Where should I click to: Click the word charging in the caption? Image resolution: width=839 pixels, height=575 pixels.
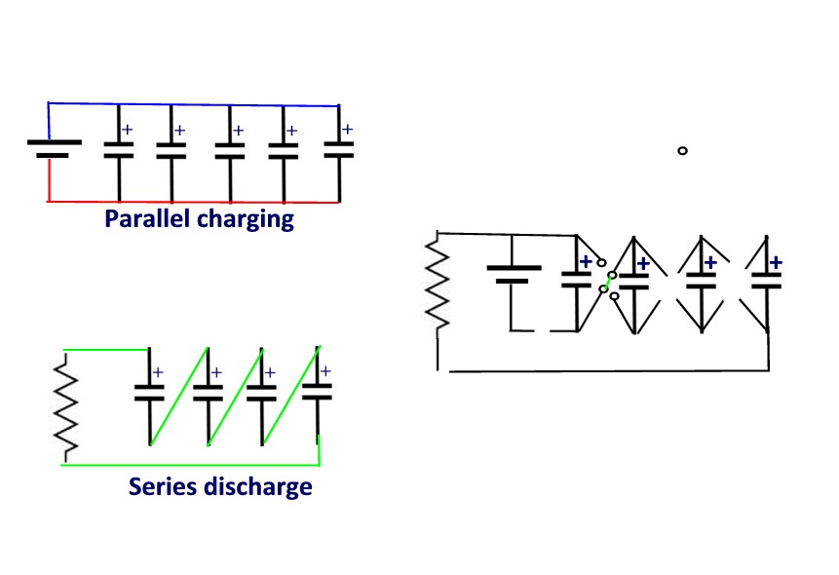pos(246,220)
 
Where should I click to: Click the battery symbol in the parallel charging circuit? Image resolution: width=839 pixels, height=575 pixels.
pos(54,149)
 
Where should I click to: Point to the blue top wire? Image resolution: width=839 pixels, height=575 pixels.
pos(193,104)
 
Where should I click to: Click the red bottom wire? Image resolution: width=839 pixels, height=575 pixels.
pos(193,202)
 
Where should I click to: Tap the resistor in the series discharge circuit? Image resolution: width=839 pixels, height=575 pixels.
pos(66,408)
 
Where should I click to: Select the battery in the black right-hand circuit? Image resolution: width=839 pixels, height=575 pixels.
pos(514,274)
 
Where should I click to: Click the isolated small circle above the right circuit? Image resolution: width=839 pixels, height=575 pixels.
pos(682,150)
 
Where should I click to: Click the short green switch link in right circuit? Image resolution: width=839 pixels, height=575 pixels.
pos(608,283)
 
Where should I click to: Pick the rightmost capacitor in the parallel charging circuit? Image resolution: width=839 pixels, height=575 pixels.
pos(339,150)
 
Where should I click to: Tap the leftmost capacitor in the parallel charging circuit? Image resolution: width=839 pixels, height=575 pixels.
pos(119,150)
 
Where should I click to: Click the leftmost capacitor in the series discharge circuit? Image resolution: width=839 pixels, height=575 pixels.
pos(149,393)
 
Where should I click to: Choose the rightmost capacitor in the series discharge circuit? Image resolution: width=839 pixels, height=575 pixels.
pos(318,393)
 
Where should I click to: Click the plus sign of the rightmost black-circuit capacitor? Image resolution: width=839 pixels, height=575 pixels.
pos(776,262)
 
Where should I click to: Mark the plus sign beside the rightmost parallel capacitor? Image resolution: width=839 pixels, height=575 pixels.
pos(347,129)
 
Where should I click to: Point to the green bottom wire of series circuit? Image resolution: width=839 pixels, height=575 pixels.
pos(190,465)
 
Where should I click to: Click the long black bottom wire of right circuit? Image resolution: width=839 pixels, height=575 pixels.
pos(609,370)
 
